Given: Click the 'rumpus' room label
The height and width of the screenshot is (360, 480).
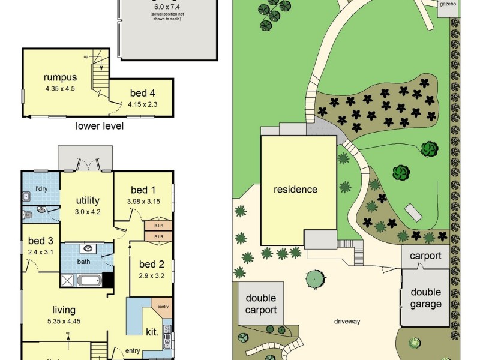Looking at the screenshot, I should [60, 77].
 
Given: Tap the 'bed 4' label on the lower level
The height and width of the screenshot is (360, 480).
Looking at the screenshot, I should [142, 93].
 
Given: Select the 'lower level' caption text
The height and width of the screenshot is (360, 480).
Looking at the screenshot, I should [100, 126].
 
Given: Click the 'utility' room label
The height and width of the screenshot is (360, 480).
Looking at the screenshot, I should [87, 200].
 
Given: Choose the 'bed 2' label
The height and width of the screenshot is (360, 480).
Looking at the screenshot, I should [151, 264].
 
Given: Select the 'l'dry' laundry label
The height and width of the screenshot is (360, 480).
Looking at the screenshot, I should [41, 190].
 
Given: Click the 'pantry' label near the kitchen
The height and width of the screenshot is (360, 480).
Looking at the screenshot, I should [163, 307].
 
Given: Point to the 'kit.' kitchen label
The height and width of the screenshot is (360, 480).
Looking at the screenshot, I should [152, 331].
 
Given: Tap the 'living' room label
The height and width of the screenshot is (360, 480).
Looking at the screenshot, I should [64, 310].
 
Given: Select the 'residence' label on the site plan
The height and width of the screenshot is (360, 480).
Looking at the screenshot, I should [295, 190].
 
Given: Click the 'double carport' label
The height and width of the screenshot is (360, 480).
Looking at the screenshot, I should [261, 304].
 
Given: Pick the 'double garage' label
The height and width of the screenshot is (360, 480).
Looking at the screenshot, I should [425, 298].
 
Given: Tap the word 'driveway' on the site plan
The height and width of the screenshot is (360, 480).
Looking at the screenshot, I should [347, 322].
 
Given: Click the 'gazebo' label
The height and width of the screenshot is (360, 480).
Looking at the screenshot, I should [448, 4].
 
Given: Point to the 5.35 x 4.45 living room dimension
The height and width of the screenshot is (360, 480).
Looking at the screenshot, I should [64, 321].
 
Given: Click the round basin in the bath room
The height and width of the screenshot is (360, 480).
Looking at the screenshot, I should [88, 247].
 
